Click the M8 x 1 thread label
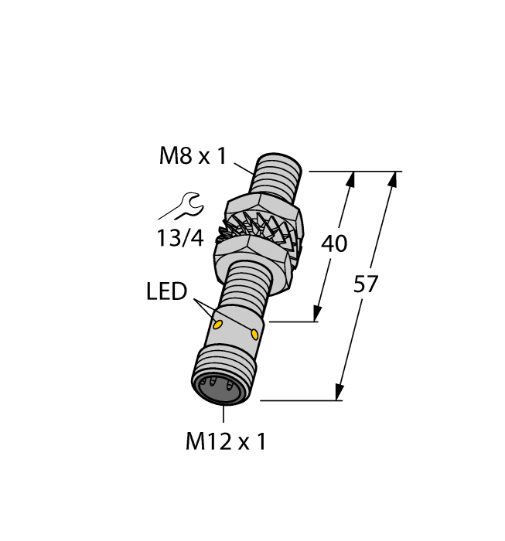(193, 156)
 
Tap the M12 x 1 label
(226, 442)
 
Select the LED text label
(166, 292)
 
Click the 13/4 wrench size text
(179, 239)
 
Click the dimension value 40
(334, 243)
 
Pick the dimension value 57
(366, 284)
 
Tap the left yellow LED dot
(220, 323)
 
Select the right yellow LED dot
(255, 334)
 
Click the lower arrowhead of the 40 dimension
(318, 313)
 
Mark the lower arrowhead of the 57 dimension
(340, 393)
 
